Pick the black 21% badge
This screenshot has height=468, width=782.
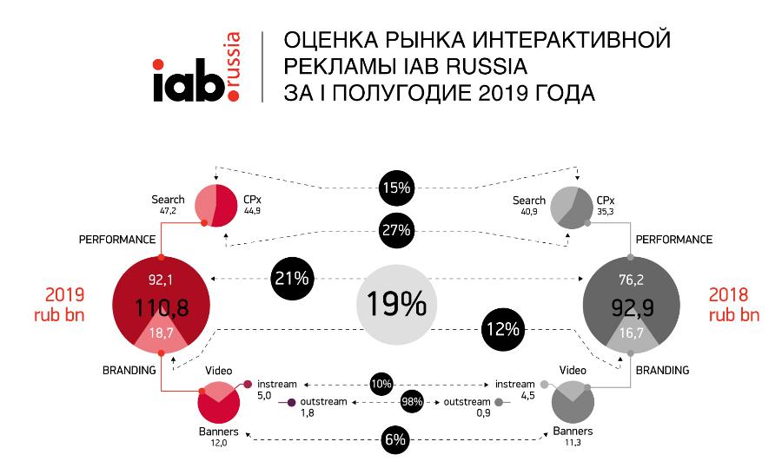[x=292, y=280]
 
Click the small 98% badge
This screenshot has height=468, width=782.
[x=412, y=403]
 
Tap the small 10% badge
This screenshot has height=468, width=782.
[x=380, y=383]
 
